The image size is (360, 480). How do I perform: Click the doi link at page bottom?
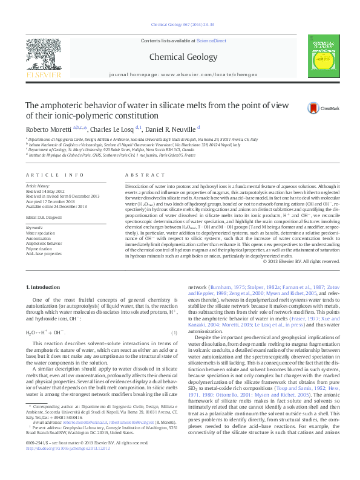(68, 466)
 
